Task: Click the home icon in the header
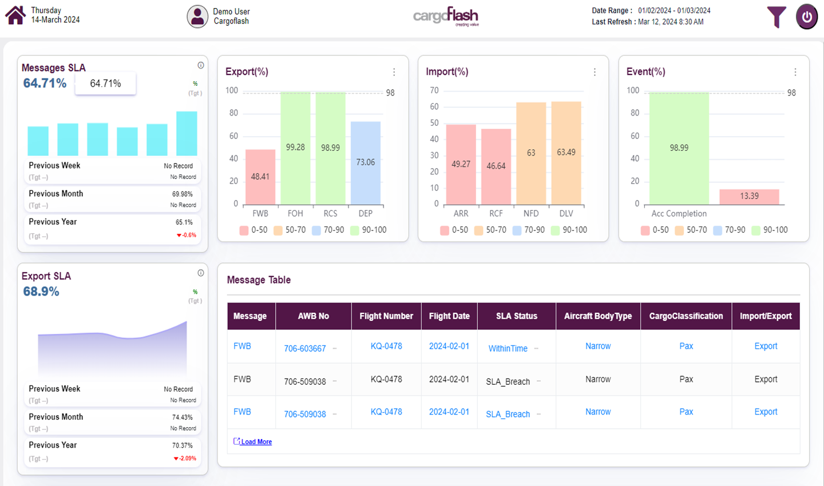[x=15, y=15]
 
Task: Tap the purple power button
[x=807, y=17]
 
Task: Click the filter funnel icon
[x=776, y=17]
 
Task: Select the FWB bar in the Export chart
[x=260, y=177]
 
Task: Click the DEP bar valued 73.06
[x=365, y=162]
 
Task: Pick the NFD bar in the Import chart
[x=531, y=153]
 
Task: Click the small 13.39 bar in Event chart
[x=749, y=196]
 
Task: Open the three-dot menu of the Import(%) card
[x=595, y=72]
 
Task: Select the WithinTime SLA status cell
[x=508, y=348]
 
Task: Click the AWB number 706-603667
[x=305, y=348]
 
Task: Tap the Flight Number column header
[x=386, y=316]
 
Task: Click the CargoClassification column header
[x=686, y=316]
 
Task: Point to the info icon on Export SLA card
[x=201, y=273]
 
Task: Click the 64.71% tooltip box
[x=105, y=83]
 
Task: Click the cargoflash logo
[x=446, y=16]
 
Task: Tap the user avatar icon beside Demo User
[x=197, y=17]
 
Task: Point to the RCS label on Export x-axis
[x=330, y=213]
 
